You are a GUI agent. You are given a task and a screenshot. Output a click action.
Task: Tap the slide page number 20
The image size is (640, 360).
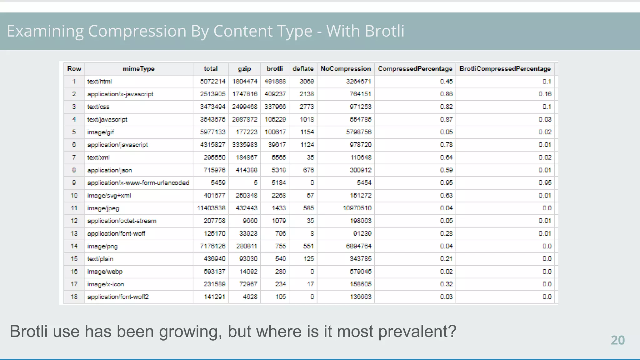(x=617, y=340)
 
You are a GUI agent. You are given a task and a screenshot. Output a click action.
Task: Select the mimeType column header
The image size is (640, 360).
(x=138, y=69)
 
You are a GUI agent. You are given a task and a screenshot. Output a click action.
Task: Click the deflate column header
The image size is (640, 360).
(x=303, y=69)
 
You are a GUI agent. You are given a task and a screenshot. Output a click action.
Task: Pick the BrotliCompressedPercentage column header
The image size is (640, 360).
(x=505, y=69)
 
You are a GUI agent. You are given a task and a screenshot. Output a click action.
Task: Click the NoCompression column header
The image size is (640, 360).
(x=346, y=69)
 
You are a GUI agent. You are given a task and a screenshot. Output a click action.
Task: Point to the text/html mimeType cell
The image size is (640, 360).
(x=99, y=82)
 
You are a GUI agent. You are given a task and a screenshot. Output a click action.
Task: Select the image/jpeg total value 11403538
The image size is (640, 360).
(x=211, y=208)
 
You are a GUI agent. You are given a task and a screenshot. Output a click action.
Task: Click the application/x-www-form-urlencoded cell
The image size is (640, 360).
(x=138, y=183)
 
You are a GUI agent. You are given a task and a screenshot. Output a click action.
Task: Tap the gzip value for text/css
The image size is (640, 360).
(x=244, y=107)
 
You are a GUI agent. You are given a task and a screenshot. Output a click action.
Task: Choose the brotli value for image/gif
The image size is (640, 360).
(x=275, y=132)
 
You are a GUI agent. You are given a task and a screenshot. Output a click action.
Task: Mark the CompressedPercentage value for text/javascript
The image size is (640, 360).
(x=446, y=119)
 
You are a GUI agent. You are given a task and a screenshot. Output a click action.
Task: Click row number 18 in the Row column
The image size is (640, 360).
(x=74, y=297)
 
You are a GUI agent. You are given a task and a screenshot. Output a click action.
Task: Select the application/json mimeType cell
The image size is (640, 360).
(x=110, y=170)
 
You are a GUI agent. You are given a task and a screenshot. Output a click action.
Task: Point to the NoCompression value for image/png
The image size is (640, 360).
(x=358, y=246)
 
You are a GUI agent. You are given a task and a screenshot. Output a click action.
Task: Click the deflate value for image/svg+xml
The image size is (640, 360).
(x=310, y=196)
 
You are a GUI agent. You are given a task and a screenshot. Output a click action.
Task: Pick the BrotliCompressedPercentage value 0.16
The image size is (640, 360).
(x=545, y=94)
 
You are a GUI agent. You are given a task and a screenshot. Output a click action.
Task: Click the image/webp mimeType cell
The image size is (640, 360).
(x=105, y=272)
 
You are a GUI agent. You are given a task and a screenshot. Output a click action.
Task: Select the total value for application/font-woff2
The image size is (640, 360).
(x=214, y=297)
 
